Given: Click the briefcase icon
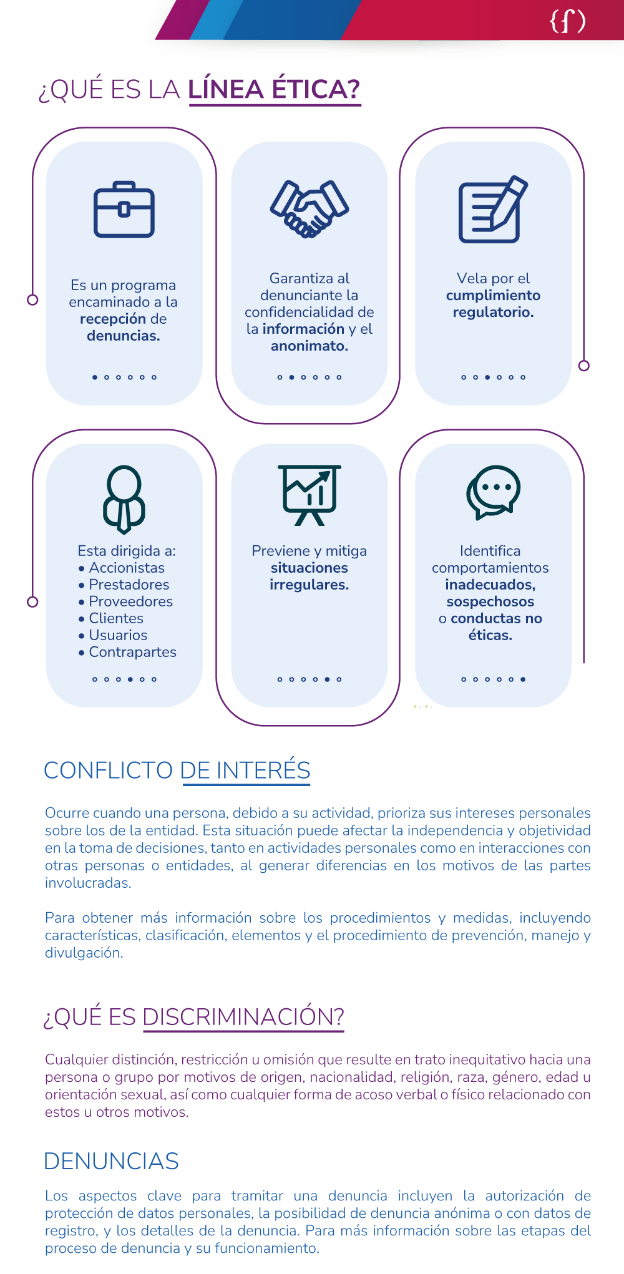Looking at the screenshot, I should point(124,210).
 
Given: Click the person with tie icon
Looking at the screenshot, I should point(124,499).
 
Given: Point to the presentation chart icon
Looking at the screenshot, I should point(309,495).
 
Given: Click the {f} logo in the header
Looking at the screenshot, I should point(567,21).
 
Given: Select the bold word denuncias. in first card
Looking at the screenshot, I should point(124,336).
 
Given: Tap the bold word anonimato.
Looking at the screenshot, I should point(310,346).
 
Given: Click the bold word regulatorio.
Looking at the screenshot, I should point(493,312).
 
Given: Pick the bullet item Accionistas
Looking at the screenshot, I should point(127,568).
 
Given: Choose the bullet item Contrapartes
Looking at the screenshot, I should point(132,652).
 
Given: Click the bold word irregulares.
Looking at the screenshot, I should point(309,585).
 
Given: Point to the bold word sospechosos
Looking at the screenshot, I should point(490,601).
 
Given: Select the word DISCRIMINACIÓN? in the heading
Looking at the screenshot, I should point(243,1017).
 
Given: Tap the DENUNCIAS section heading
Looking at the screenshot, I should point(111,1161).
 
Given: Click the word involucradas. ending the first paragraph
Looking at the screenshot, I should point(88,883).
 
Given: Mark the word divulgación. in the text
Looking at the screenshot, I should point(84,953).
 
